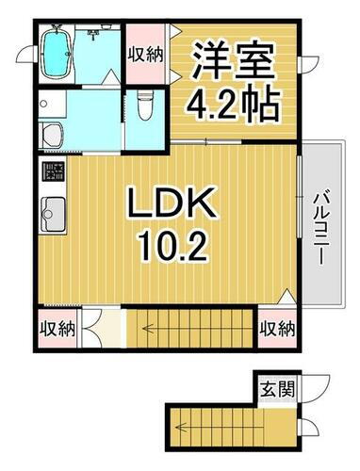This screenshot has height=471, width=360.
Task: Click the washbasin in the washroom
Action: pos(52,133)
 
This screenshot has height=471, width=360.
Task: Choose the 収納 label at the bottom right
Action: pos(278,329)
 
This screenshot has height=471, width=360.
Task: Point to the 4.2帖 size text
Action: pos(234,101)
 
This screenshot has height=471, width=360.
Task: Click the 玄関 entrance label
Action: pos(276,388)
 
